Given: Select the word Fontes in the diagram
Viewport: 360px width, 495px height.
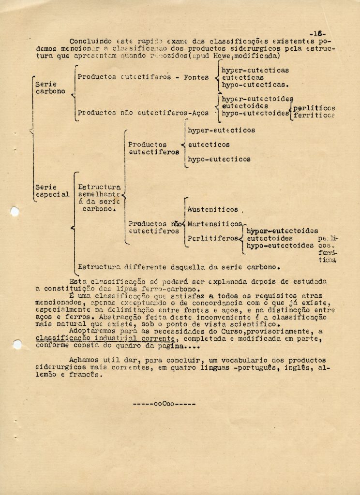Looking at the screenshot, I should [x=196, y=77].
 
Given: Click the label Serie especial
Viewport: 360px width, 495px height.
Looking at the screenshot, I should [x=52, y=190].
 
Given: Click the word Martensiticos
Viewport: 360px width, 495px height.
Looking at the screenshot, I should [x=214, y=224].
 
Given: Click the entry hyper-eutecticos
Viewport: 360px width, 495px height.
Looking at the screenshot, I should [x=221, y=130].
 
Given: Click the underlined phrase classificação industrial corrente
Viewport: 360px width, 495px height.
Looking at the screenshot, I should [x=105, y=338].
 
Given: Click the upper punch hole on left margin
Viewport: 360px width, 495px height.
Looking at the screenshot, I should [x=15, y=211].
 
